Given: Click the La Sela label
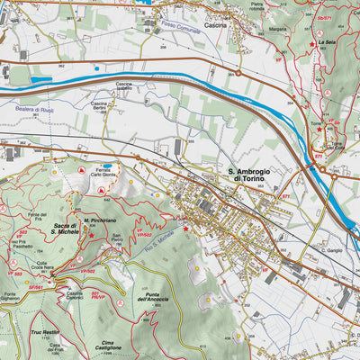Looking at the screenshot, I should pos(328,42).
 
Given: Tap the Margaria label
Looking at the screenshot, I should pos(253,29).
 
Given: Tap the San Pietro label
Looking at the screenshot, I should pos(117,239).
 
